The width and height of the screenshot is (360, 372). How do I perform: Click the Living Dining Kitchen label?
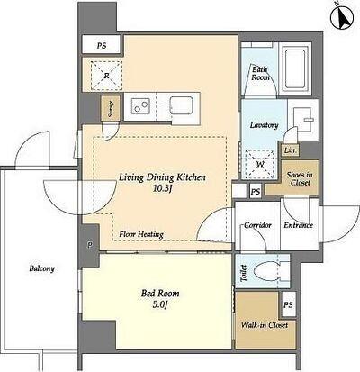coord(163,177)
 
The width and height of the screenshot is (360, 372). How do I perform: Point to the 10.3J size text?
coord(163,189)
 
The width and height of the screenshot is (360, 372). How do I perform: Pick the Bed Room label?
coord(160,294)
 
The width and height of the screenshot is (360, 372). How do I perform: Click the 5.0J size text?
coord(160,305)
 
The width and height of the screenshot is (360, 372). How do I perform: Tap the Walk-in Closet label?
coord(265,325)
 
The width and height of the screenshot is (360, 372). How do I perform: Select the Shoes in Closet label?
coord(300,178)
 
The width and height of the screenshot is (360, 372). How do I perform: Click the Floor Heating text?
coord(141,234)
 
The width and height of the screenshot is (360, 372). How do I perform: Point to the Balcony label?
coord(41,268)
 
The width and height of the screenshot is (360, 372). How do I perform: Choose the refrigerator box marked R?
coord(107,76)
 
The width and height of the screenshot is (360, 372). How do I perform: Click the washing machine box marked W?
coord(260,165)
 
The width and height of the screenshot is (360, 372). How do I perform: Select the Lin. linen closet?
coord(290,150)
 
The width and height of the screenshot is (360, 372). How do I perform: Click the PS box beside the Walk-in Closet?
coord(288,304)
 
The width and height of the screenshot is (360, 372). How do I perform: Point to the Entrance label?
coord(299,225)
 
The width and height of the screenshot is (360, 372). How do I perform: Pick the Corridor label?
coord(257,225)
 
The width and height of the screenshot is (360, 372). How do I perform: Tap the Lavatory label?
coord(265,125)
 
